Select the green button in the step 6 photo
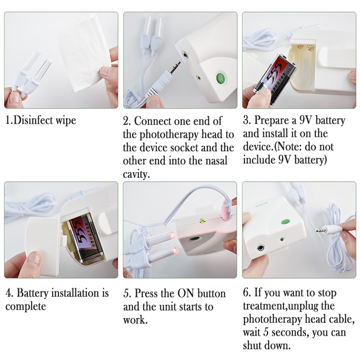(x=287, y=222)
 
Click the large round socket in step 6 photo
(x=260, y=248)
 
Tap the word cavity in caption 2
(x=136, y=174)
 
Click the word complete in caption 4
(x=26, y=306)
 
